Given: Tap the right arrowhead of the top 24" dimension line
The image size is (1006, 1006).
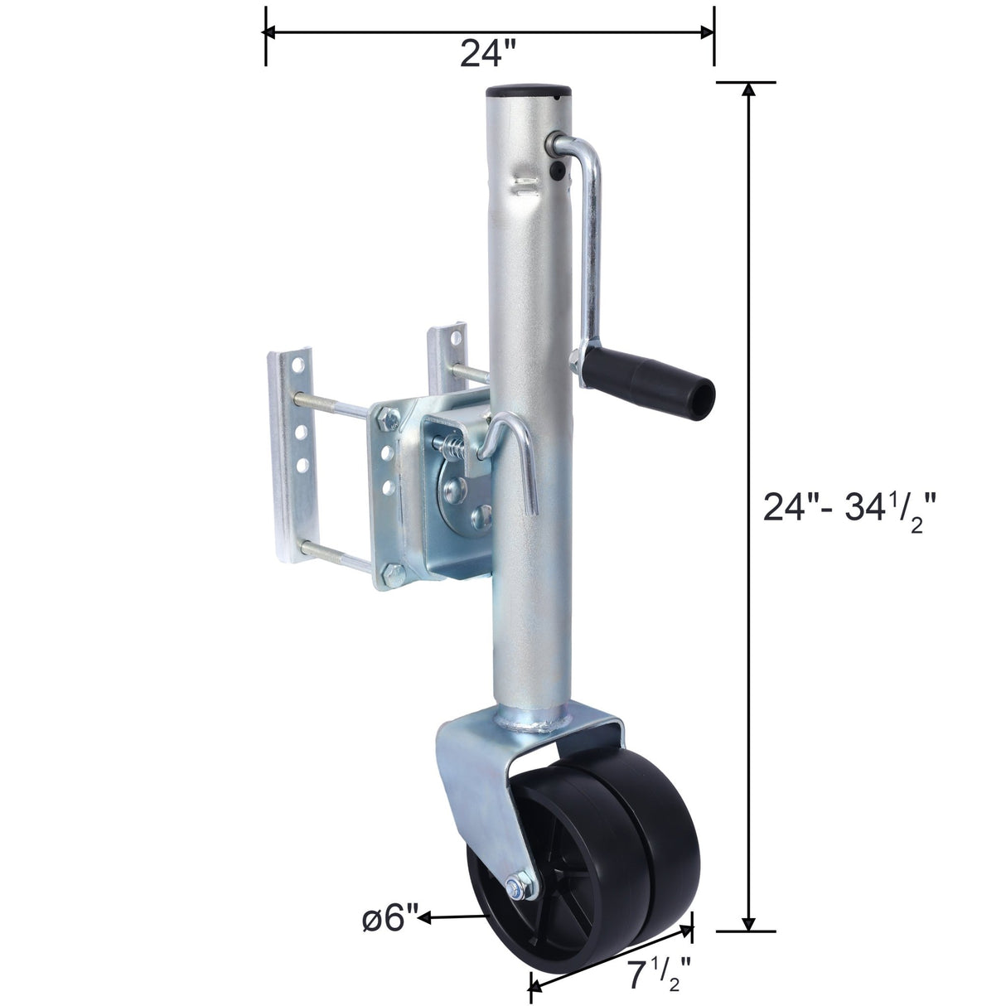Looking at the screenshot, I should [x=707, y=32].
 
